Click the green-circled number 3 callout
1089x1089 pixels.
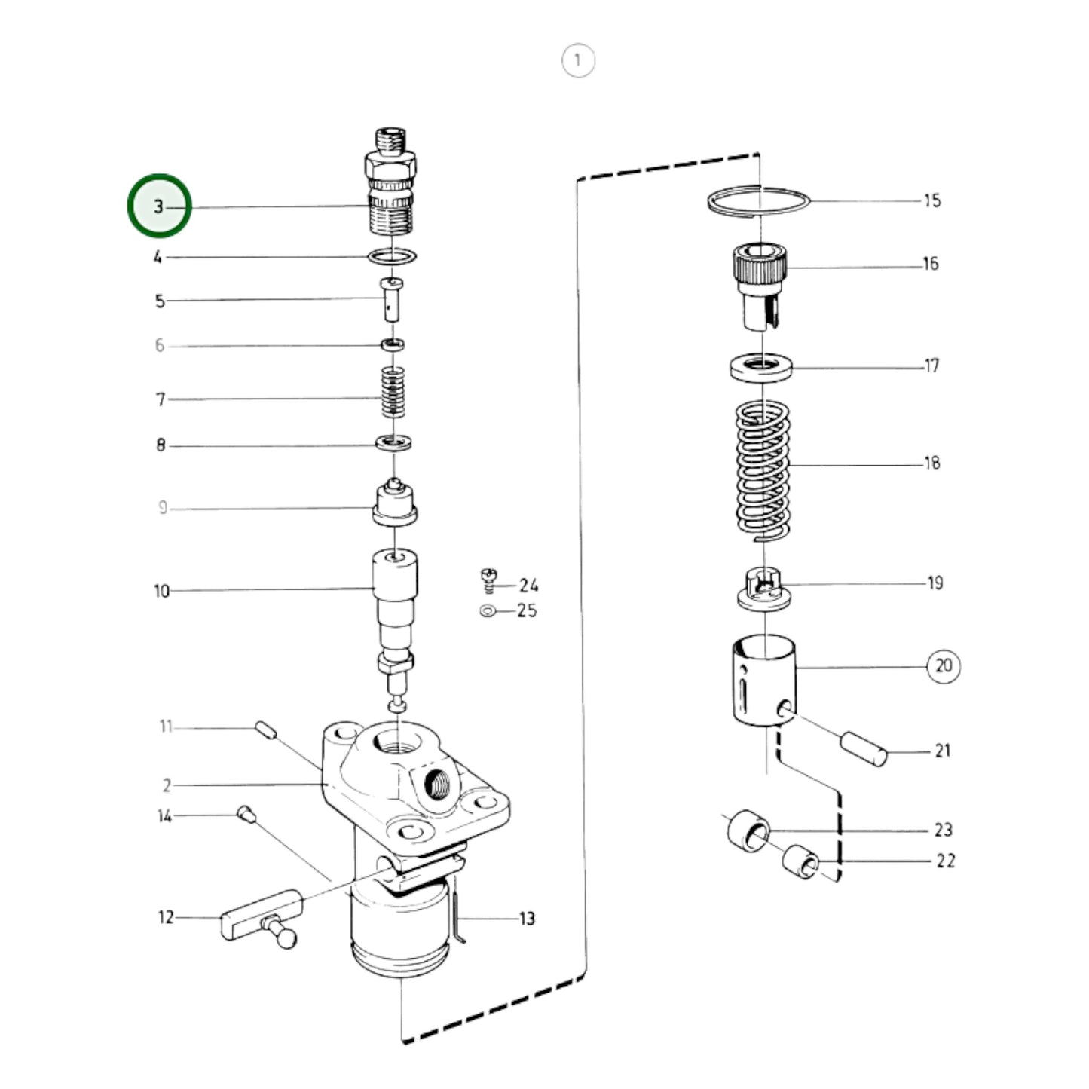(159, 206)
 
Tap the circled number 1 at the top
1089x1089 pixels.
(578, 60)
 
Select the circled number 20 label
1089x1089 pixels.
(944, 666)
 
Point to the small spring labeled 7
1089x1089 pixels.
(393, 392)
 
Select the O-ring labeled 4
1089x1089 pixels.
(393, 256)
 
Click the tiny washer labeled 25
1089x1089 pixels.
(488, 610)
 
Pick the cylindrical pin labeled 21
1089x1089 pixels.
(864, 748)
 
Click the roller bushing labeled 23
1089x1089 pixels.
(748, 831)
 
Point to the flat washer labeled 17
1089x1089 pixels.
(761, 368)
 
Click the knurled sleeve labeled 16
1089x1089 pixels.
(760, 283)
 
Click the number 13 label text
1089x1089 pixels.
(526, 919)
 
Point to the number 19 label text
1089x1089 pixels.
(935, 583)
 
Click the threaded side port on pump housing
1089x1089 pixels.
(437, 785)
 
